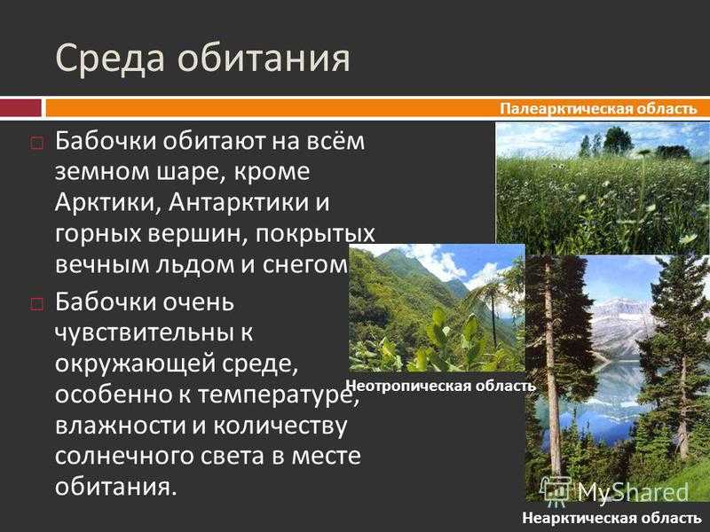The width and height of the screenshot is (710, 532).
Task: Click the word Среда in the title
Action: point(109,59)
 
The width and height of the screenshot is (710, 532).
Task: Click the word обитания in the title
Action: point(264,59)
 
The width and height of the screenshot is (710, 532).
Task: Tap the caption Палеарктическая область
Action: point(598,109)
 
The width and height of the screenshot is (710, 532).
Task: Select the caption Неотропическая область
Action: point(440,386)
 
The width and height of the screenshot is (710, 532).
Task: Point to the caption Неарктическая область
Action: point(611,518)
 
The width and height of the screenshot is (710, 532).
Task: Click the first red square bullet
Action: point(36,144)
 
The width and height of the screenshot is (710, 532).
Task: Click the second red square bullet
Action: point(36,303)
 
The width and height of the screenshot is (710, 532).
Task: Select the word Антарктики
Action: point(235,202)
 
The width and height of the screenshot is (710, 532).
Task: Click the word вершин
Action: point(197,234)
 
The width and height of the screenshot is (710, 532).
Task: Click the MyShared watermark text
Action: point(633,492)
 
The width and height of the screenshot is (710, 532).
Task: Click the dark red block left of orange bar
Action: point(20,108)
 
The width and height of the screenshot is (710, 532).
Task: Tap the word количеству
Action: point(280,426)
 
